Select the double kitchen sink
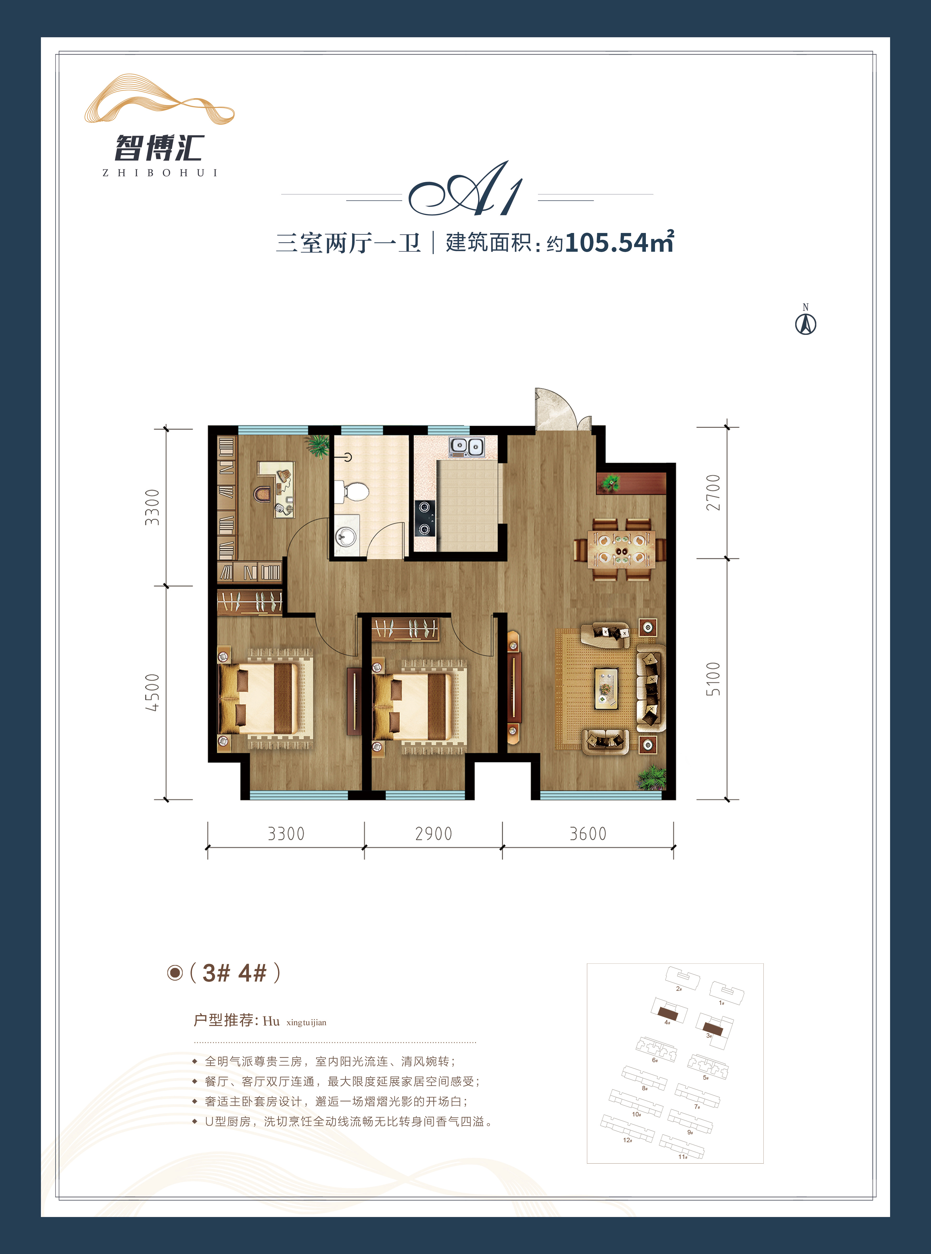(467, 447)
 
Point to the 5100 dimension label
(713, 679)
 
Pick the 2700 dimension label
(713, 492)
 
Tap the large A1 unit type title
(466, 189)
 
